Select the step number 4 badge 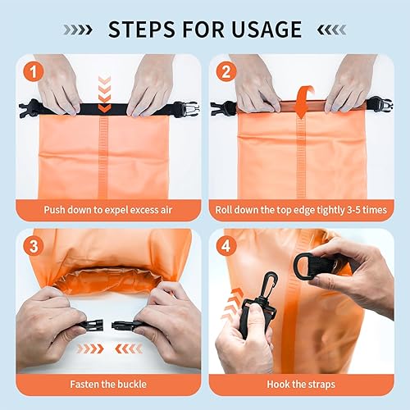pos(225,245)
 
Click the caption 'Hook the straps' pos(301,384)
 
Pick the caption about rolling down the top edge pos(301,209)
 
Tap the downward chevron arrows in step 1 pos(104,93)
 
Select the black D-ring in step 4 pos(313,265)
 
